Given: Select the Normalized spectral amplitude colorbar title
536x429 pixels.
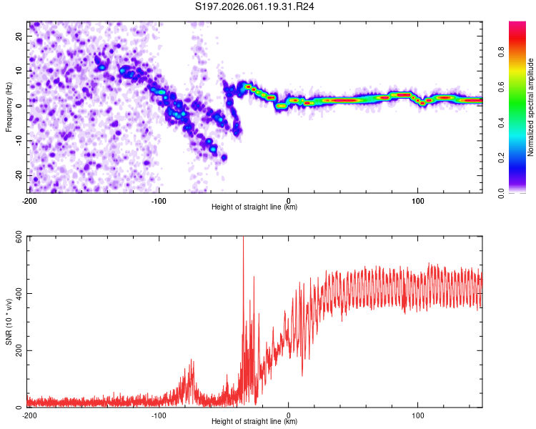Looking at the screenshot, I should [531, 107].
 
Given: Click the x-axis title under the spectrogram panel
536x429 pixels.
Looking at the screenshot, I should [254, 207].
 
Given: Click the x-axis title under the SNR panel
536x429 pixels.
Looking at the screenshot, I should [254, 421].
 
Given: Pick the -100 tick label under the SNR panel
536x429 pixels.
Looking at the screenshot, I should [159, 415].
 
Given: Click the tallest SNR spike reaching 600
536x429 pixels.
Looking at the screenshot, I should [244, 239].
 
